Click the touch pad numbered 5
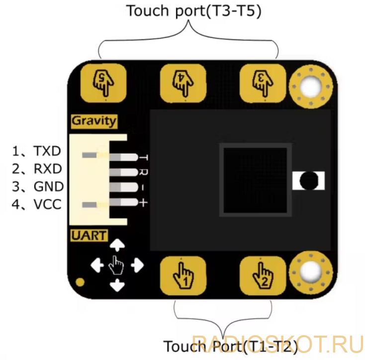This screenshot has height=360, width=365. pyautogui.click(x=103, y=83)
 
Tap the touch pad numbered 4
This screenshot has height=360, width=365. pyautogui.click(x=183, y=83)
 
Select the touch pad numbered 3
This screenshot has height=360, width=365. pyautogui.click(x=263, y=83)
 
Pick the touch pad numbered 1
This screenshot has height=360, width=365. pyautogui.click(x=183, y=275)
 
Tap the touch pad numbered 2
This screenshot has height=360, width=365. pyautogui.click(x=263, y=275)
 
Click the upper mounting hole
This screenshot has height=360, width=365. pyautogui.click(x=311, y=87)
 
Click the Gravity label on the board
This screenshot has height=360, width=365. pyautogui.click(x=94, y=121)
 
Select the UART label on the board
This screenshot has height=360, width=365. pyautogui.click(x=89, y=236)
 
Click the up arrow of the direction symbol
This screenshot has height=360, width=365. pyautogui.click(x=117, y=245)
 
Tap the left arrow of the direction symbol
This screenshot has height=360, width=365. pyautogui.click(x=97, y=265)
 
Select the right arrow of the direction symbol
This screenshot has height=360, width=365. pyautogui.click(x=137, y=265)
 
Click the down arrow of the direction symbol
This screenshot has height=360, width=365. pyautogui.click(x=117, y=285)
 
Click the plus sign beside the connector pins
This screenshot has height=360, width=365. pyautogui.click(x=143, y=203)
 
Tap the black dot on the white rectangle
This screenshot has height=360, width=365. pyautogui.click(x=309, y=180)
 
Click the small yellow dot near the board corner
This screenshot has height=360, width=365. pyautogui.click(x=80, y=282)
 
